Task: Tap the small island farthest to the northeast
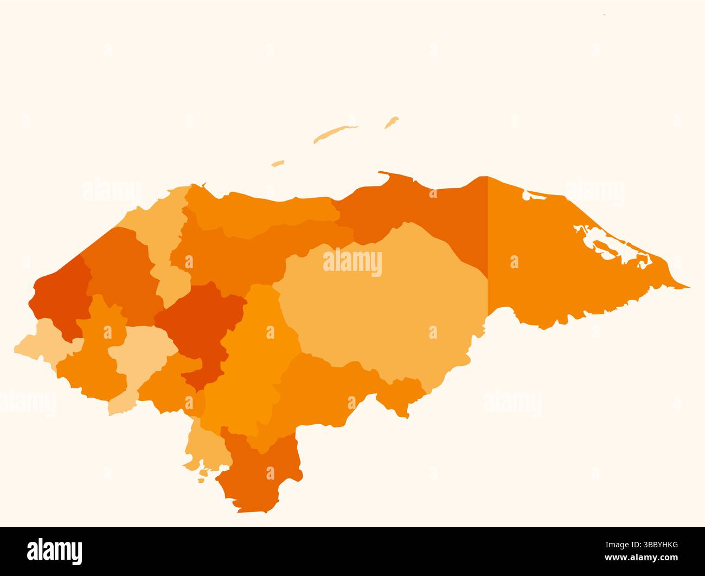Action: coord(392,122)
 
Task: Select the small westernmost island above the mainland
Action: coord(278,163)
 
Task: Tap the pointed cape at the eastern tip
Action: coord(687,286)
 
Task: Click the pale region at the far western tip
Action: coord(41,341)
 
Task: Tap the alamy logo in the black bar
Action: coord(55,551)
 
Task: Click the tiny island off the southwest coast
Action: coord(202,480)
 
